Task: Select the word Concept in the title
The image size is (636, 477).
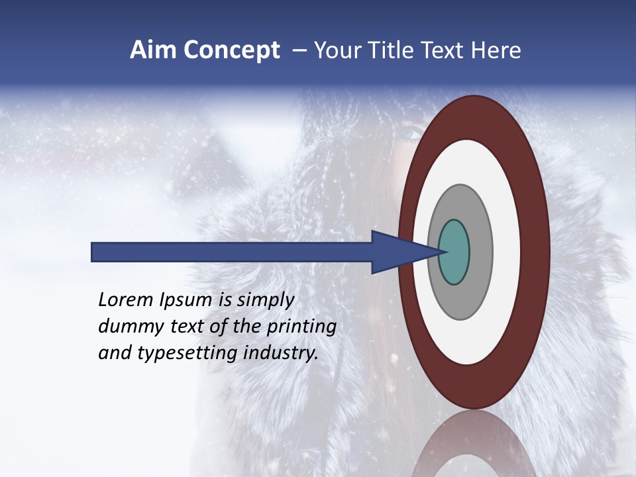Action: point(231,50)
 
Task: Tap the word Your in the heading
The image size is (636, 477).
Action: point(336,50)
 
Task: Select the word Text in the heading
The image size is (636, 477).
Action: point(443,50)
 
